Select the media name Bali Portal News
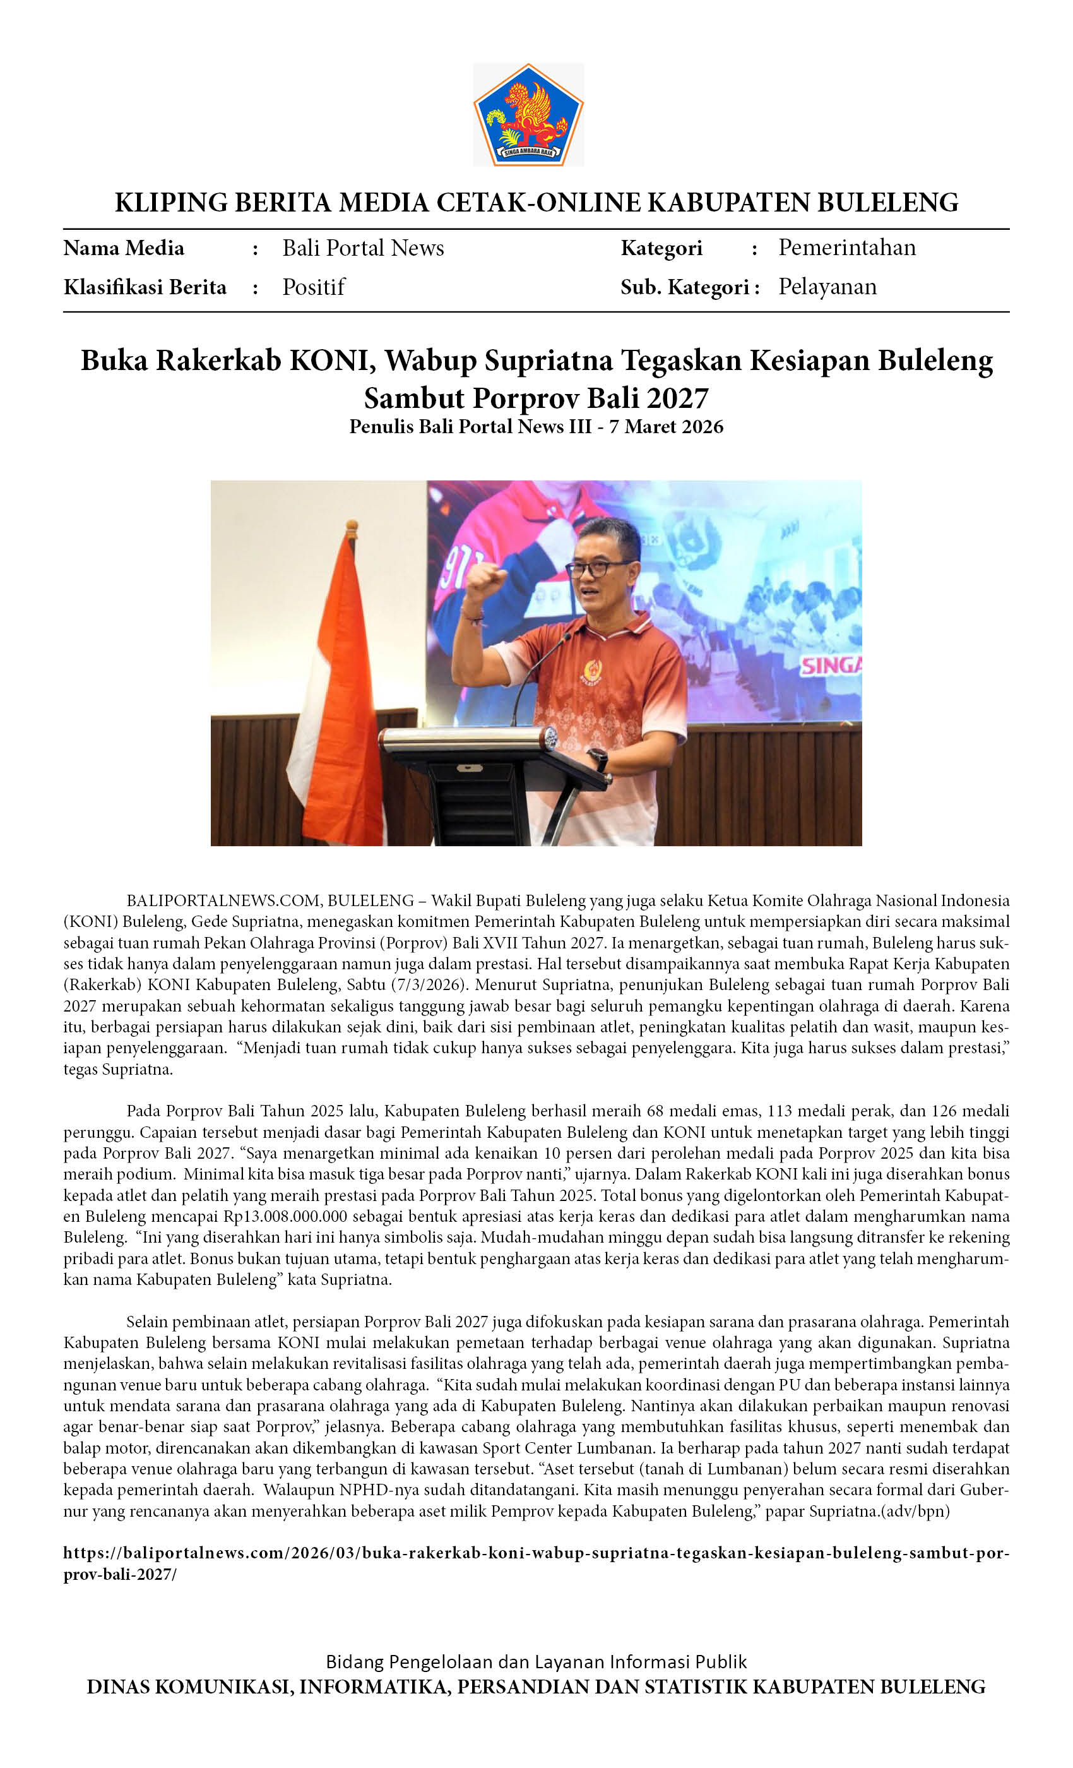[363, 248]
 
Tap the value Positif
[314, 287]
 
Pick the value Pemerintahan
[847, 248]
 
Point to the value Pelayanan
[827, 287]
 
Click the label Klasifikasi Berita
[145, 287]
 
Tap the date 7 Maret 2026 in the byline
[667, 427]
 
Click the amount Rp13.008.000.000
[285, 1216]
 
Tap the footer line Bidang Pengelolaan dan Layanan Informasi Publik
[536, 1662]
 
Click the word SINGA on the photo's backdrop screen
[830, 666]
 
